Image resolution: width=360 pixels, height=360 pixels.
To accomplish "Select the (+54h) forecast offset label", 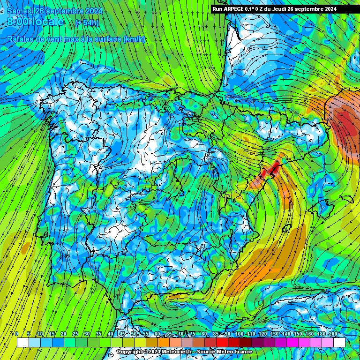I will [87, 23].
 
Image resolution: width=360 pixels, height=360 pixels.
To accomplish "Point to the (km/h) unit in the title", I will [134, 39].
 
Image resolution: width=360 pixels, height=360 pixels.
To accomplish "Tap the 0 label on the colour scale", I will [17, 334].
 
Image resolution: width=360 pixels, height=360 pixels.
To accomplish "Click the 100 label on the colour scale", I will [240, 334].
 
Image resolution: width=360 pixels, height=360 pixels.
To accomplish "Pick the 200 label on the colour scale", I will [333, 334].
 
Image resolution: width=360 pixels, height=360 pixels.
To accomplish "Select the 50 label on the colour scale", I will [134, 334].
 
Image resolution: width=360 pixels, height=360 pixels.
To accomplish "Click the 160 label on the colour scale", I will [310, 334].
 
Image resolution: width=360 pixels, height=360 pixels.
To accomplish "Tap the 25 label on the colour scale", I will [75, 334].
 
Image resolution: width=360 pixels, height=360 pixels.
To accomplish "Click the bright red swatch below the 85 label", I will [222, 342].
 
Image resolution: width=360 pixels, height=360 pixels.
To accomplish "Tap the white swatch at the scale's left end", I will [22, 342].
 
